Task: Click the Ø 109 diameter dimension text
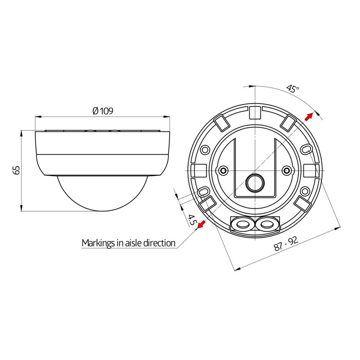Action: coord(103,111)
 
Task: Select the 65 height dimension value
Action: coord(16,170)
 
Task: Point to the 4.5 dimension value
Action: coord(192,219)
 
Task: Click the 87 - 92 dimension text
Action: coord(286,244)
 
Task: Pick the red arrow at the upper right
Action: coord(308,116)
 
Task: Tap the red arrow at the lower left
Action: coord(201,225)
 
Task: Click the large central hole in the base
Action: coord(255,183)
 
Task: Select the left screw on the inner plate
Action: coord(223,170)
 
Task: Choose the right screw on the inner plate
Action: coord(287,170)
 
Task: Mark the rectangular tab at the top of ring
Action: coord(255,112)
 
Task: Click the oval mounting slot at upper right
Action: coord(306,149)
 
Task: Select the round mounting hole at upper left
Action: coord(205,148)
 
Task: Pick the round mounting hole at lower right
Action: coord(305,191)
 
